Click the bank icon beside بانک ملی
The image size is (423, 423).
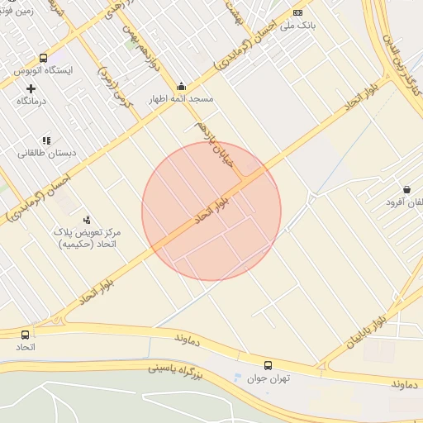[297, 13]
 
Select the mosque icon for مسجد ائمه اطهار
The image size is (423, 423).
[182, 87]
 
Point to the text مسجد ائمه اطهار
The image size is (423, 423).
[180, 99]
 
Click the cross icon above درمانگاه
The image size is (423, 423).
[31, 88]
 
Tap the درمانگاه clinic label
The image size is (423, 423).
[33, 101]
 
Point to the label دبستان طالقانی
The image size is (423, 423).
[45, 153]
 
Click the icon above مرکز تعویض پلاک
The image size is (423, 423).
[86, 220]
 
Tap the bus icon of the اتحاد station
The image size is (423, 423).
[26, 335]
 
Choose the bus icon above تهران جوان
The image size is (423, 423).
[268, 365]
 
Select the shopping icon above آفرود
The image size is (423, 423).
[406, 189]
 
